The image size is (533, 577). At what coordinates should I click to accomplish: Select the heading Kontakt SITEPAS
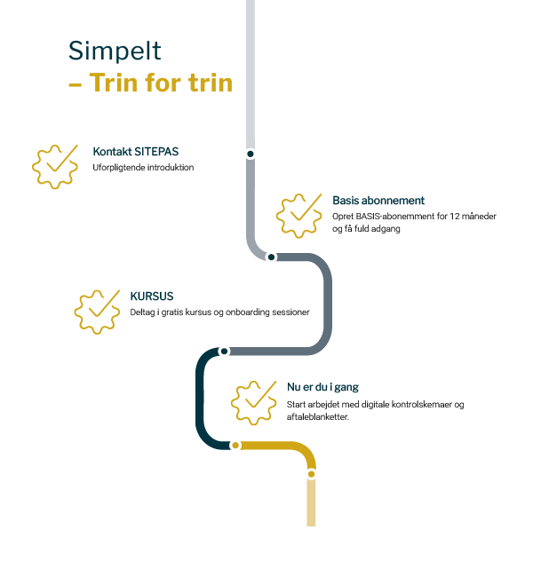141,152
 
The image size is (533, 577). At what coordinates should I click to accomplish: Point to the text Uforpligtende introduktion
143,167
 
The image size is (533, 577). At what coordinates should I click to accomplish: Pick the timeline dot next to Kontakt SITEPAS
251,154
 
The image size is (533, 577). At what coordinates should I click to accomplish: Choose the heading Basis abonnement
378,201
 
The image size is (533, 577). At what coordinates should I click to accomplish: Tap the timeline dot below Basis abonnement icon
271,257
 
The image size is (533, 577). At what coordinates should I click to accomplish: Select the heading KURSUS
151,296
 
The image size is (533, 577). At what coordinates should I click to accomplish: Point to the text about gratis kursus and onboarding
219,312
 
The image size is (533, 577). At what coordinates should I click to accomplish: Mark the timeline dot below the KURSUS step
224,352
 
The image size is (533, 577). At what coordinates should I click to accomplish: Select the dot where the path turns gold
235,445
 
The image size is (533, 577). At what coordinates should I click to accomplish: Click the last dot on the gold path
311,474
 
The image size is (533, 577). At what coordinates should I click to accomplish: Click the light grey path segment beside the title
251,71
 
